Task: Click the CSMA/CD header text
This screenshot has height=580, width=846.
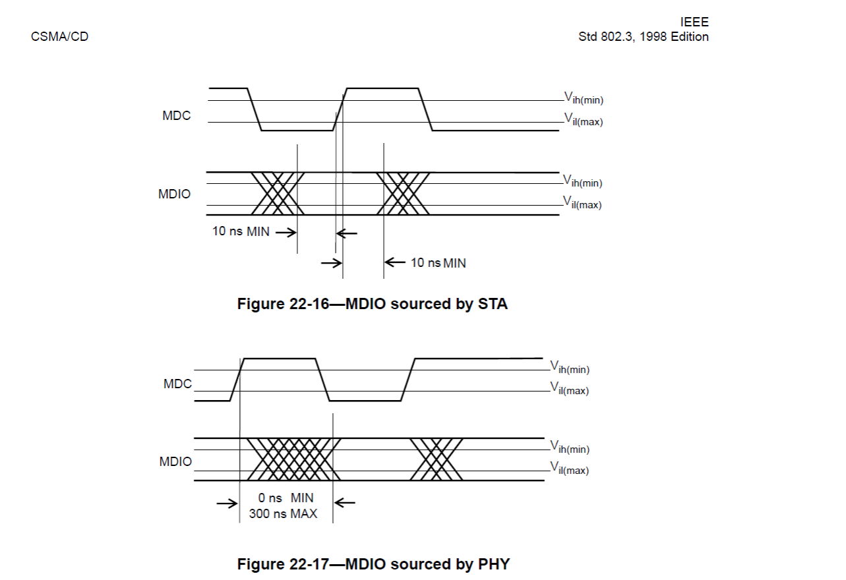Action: point(59,37)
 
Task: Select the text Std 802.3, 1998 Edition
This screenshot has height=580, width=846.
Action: point(644,37)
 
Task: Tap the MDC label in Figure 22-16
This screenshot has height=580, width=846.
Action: point(176,116)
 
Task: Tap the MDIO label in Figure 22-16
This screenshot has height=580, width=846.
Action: point(174,194)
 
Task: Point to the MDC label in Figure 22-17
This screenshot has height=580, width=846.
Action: point(177,384)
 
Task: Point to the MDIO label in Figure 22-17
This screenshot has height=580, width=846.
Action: point(175,462)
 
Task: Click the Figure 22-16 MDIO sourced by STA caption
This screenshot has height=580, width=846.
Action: point(373,304)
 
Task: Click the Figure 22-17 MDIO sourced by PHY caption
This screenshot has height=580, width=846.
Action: point(373,565)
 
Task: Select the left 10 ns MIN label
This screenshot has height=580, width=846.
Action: point(241,232)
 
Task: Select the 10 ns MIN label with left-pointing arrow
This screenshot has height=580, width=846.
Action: point(438,263)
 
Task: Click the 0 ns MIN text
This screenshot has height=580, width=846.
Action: point(286,498)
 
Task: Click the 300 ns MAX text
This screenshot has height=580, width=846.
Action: point(283,513)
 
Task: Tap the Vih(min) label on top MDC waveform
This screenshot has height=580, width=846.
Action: point(584,99)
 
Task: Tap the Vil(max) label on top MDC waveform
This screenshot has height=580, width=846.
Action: point(583,120)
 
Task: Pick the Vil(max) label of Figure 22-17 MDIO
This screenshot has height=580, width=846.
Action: point(570,469)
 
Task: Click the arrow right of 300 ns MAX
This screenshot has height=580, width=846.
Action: point(345,504)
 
